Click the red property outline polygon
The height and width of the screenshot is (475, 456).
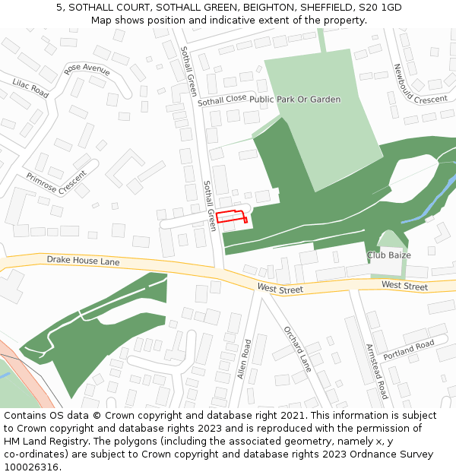(232, 216)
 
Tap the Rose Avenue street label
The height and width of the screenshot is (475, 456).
(87, 69)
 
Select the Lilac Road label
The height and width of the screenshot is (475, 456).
(30, 88)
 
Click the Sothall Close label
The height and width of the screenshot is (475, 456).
(222, 100)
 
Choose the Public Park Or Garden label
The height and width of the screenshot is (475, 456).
(295, 100)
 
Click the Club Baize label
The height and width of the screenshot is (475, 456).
(388, 255)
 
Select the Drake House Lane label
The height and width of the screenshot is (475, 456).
(83, 261)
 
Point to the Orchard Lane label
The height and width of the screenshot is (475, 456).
(297, 349)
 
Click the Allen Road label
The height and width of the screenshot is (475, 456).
(244, 359)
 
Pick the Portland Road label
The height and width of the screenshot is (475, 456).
(409, 350)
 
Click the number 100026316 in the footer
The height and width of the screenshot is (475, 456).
(32, 467)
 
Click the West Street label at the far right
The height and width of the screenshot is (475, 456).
(404, 287)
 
